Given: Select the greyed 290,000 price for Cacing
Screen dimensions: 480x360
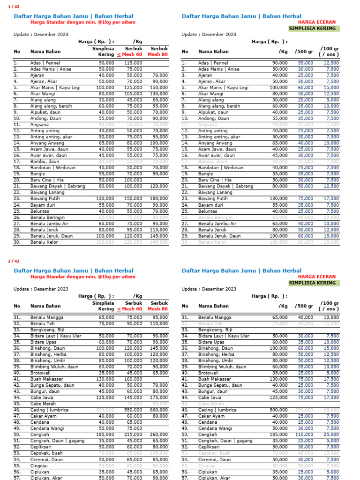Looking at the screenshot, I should [x=305, y=410].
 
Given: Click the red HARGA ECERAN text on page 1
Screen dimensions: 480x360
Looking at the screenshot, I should [x=317, y=22].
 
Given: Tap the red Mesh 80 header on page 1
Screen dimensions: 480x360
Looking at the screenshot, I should [x=157, y=54].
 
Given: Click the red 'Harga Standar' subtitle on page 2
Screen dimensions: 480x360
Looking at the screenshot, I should [x=82, y=277].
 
